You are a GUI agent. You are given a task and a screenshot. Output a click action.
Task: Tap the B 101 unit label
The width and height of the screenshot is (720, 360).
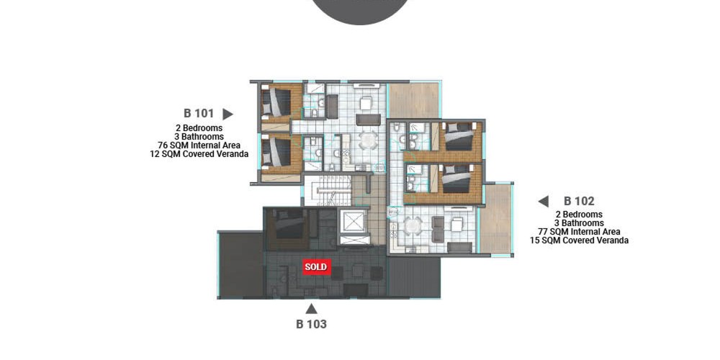[x=199, y=114]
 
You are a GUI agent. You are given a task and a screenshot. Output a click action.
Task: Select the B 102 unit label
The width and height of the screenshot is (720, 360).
[x=579, y=201]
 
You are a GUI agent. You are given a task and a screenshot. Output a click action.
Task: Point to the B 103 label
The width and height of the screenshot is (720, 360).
[x=311, y=324]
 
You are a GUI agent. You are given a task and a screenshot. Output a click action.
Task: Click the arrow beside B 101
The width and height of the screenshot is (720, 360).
[x=228, y=114]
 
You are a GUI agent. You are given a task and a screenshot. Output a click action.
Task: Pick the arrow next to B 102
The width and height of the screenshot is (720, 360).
[x=543, y=201]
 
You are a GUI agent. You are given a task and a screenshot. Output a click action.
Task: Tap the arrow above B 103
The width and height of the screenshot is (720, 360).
[x=311, y=309]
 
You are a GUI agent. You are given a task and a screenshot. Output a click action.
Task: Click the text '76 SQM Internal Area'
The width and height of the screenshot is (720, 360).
[x=199, y=145]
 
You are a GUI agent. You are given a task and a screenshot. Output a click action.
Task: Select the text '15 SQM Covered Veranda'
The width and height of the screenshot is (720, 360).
[x=579, y=240]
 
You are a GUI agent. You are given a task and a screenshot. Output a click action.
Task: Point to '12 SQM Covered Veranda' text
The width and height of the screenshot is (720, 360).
[x=199, y=154]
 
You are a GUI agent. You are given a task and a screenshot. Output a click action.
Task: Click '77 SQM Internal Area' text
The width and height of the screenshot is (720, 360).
[x=579, y=231]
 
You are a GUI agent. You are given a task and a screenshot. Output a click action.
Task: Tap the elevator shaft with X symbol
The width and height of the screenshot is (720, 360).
[x=354, y=221]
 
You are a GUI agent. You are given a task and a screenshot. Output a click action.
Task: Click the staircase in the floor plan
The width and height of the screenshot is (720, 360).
[x=327, y=191]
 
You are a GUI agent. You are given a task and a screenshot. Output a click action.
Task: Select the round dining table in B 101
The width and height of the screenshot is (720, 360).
[x=368, y=140]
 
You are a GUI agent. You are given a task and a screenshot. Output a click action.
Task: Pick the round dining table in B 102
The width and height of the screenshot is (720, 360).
[x=413, y=226]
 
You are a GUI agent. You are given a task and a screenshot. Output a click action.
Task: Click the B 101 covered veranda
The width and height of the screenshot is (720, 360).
[x=414, y=100]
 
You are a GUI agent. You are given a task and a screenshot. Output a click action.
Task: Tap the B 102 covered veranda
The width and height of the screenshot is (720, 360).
[x=496, y=219]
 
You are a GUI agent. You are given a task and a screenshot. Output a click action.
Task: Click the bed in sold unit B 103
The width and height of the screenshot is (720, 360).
[x=289, y=225]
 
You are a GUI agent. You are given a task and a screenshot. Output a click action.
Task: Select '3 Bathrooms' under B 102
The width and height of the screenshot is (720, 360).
[x=579, y=222]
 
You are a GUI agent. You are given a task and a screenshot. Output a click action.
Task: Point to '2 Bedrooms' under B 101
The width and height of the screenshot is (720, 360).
[x=199, y=128]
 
